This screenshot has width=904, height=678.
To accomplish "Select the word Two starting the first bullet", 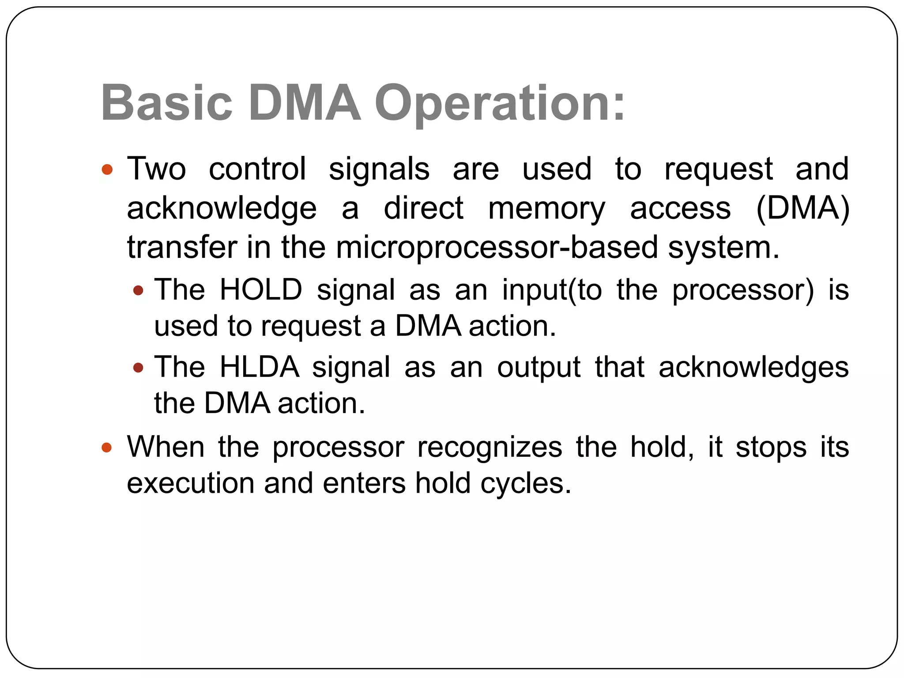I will pyautogui.click(x=156, y=169).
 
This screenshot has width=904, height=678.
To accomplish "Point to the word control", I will pyautogui.click(x=257, y=169).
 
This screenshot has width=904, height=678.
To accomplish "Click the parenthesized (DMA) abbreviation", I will pyautogui.click(x=802, y=208).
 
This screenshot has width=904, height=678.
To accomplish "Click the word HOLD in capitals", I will pyautogui.click(x=261, y=290).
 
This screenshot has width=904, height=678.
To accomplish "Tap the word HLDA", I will pyautogui.click(x=260, y=367).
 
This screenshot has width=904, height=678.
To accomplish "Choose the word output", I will pyautogui.click(x=539, y=367).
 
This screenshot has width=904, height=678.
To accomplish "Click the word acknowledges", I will pyautogui.click(x=753, y=367).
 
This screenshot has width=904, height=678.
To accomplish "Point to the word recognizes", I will pyautogui.click(x=490, y=447).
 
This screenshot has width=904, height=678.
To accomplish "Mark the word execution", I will pyautogui.click(x=191, y=483).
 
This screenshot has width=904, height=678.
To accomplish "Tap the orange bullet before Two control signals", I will pyautogui.click(x=107, y=169).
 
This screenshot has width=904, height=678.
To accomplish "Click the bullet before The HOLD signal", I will pyautogui.click(x=138, y=290).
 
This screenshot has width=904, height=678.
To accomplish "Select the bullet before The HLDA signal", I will pyautogui.click(x=138, y=367).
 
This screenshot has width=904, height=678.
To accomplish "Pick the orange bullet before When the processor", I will pyautogui.click(x=107, y=448).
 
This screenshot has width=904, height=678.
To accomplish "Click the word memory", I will pyautogui.click(x=546, y=208).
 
